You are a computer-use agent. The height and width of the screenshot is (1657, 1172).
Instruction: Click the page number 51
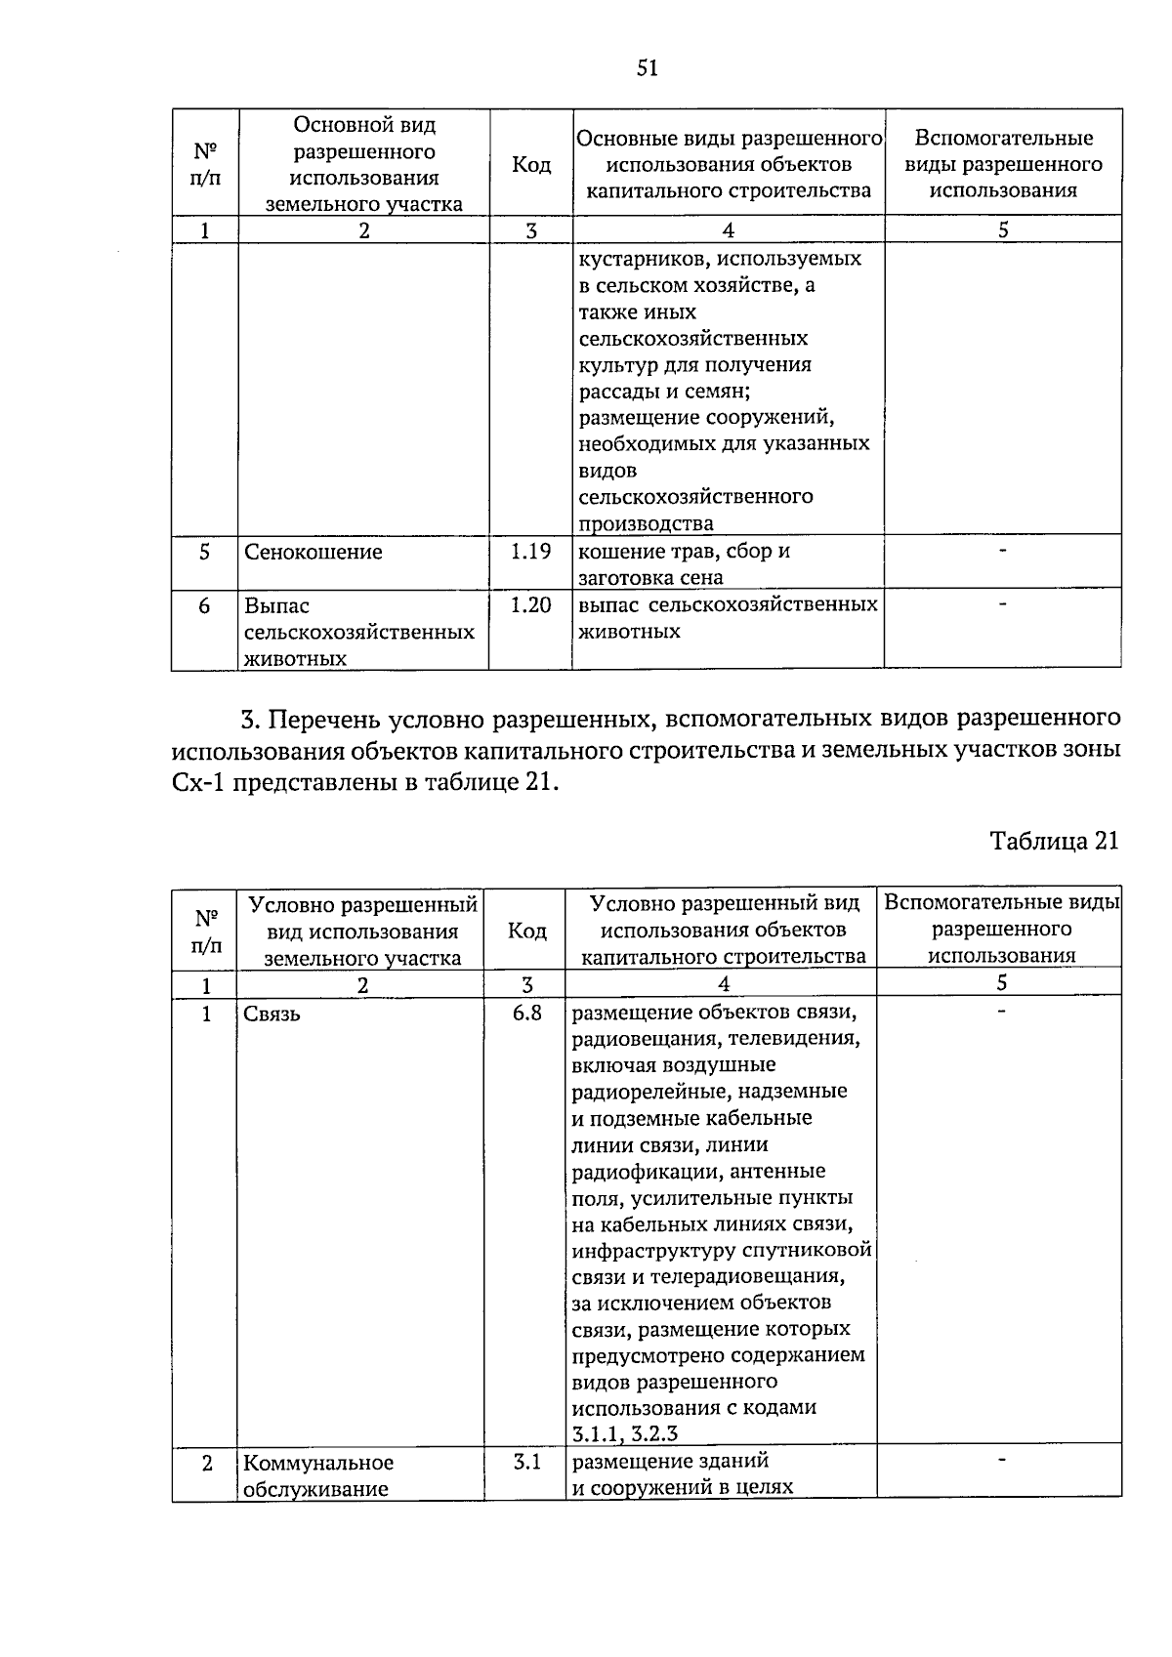[648, 67]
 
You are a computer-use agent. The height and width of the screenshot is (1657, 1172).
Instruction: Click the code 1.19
[530, 552]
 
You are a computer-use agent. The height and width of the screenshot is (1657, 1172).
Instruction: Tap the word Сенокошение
[313, 553]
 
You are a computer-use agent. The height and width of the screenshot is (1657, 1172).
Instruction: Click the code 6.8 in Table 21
[526, 1013]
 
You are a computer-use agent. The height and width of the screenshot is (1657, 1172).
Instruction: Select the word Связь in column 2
[272, 1015]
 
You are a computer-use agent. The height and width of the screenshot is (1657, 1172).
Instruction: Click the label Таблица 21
[1054, 841]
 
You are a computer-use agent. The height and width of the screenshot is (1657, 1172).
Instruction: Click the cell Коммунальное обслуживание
[317, 1475]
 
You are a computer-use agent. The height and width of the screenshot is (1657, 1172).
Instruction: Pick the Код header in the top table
[531, 165]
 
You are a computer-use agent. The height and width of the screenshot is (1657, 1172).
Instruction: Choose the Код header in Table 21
[527, 931]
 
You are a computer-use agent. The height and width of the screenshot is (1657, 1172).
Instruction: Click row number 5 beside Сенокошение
[204, 552]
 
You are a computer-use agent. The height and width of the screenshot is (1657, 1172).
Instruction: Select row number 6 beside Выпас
[204, 606]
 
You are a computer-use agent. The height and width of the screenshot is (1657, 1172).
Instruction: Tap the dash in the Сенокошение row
[1002, 553]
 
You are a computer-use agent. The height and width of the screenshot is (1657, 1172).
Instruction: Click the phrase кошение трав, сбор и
[684, 552]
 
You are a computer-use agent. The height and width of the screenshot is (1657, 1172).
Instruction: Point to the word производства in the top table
[646, 523]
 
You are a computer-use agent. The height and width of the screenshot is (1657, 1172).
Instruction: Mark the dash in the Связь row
[1000, 1012]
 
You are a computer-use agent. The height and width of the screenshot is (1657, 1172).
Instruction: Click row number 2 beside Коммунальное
[206, 1463]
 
